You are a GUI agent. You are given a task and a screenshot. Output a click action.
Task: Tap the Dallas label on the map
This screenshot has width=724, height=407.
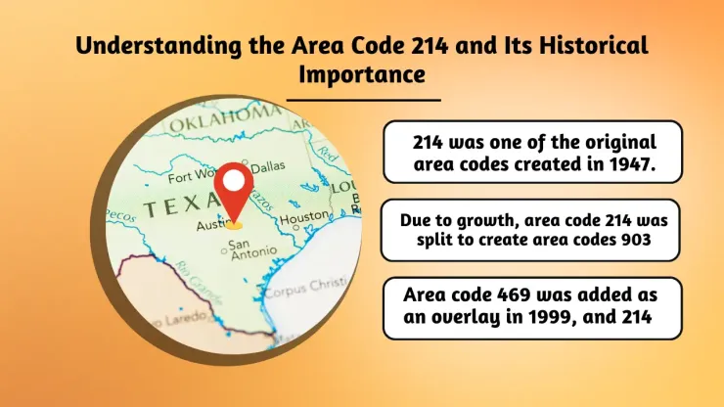pos(268,167)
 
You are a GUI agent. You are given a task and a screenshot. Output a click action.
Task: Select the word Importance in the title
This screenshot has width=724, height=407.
pos(362,73)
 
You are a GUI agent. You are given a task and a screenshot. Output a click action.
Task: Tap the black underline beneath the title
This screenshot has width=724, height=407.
pos(363,99)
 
